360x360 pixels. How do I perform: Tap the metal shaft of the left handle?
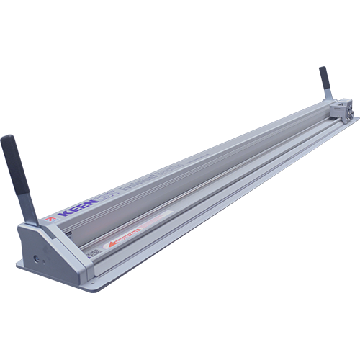pos(27,208)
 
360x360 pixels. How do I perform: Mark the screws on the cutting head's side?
pos(345,114)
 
